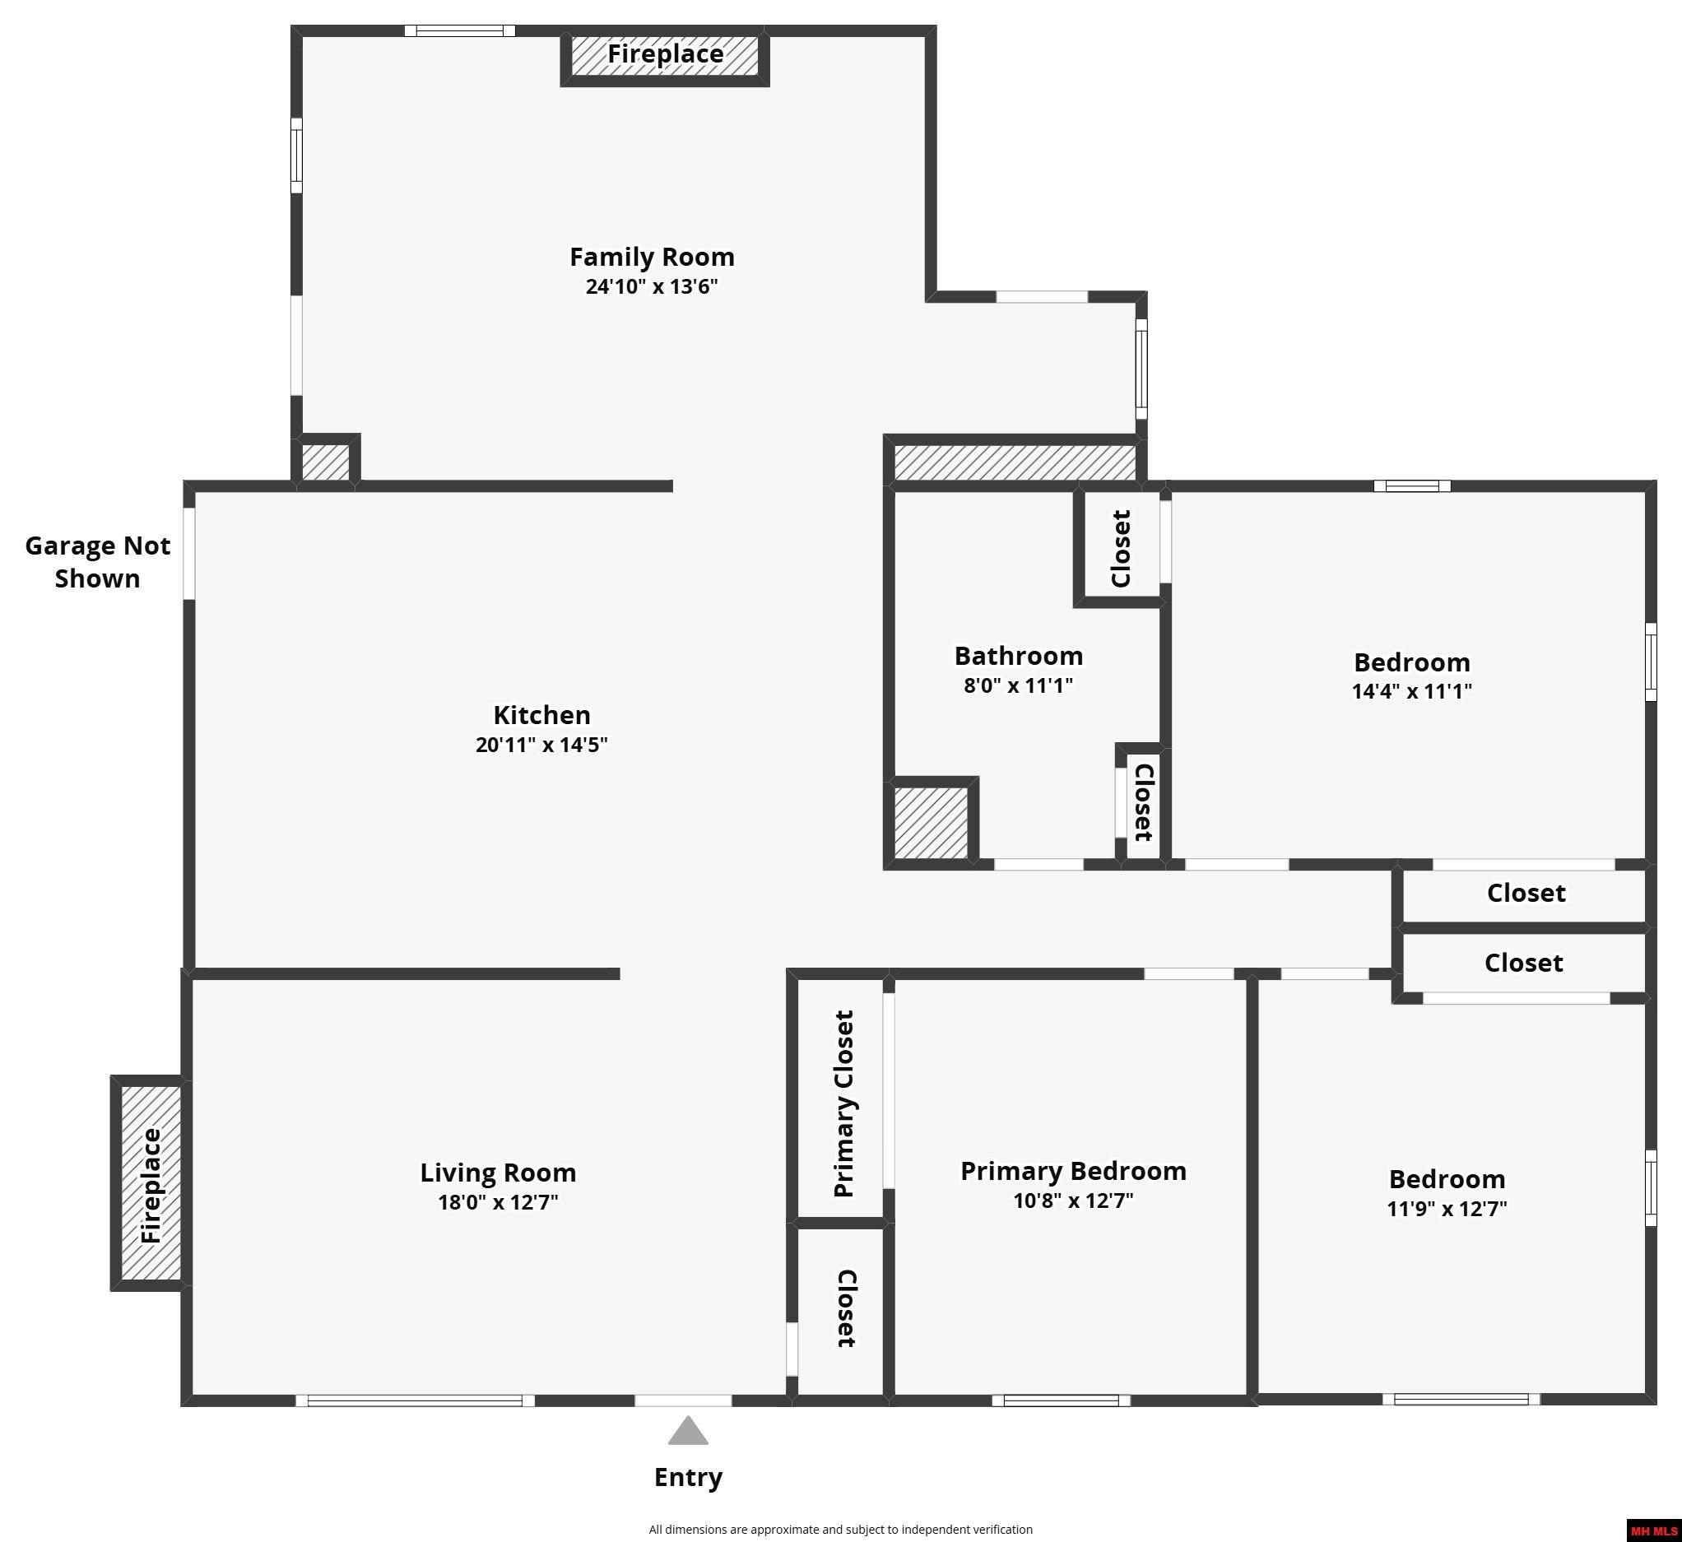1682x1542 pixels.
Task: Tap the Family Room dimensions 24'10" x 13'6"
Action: (652, 287)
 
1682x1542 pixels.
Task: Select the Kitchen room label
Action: (541, 715)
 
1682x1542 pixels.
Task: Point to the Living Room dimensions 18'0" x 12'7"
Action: (498, 1202)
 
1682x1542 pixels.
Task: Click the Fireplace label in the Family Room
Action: (665, 54)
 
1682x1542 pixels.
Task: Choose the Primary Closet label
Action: (843, 1104)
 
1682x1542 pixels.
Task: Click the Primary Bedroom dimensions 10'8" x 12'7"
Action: (1073, 1201)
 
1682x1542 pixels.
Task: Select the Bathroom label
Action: (1019, 656)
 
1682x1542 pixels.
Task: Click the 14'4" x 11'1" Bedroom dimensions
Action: (1412, 691)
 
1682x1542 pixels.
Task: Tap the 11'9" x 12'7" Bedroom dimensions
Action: (1447, 1208)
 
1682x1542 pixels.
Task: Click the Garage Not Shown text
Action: (98, 561)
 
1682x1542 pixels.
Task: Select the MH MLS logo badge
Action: (1655, 1531)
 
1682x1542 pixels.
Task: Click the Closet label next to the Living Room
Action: (846, 1308)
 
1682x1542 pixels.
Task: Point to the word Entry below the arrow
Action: (688, 1478)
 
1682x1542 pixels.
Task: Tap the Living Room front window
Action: (415, 1401)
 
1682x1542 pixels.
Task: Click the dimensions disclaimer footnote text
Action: (841, 1530)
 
